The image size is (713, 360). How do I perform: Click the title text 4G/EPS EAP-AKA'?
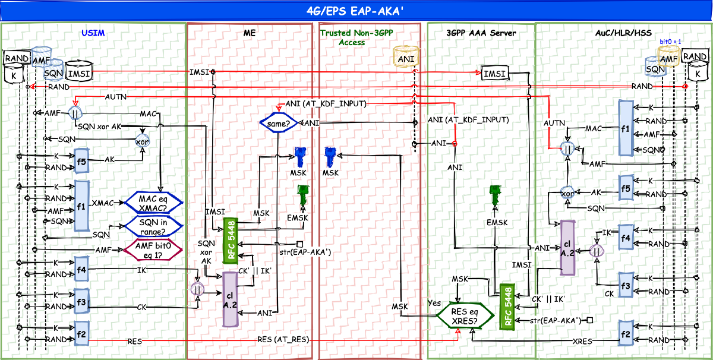356,10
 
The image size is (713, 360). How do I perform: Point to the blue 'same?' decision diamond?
278,123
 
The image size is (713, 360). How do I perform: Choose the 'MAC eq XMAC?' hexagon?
152,202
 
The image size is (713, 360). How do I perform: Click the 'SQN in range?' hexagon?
152,226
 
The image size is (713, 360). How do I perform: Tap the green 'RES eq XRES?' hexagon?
465,315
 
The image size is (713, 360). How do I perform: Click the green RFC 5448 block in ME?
231,241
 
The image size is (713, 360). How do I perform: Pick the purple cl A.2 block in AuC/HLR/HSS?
567,248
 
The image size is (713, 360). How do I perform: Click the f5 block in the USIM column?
81,160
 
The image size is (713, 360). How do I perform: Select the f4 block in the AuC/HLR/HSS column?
625,237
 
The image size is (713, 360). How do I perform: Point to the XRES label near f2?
582,342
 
